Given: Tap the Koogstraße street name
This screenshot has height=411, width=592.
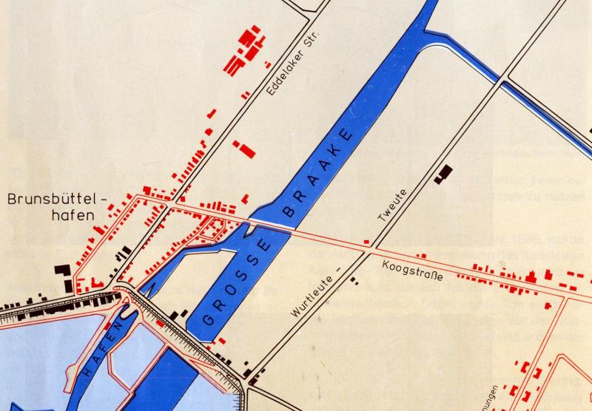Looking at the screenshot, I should [413, 269].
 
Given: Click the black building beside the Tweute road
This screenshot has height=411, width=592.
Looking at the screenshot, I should [443, 173].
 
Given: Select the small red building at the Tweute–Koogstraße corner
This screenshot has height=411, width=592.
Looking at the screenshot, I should [366, 241].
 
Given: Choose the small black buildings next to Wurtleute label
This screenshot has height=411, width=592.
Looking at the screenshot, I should [355, 282].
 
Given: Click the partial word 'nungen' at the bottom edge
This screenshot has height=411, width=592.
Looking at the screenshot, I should [484, 400].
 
